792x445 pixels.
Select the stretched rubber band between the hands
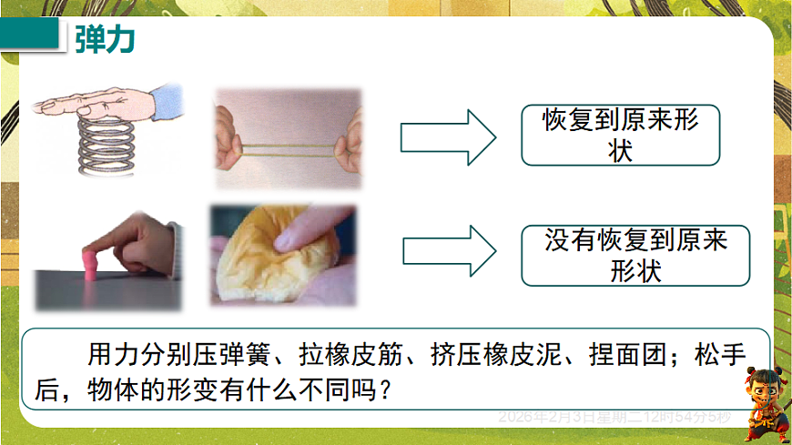point(288,145)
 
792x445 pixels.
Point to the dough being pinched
point(264,259)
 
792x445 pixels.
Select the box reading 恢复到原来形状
point(620,135)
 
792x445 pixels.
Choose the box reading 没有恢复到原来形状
point(636,256)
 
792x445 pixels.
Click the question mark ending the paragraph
point(387,389)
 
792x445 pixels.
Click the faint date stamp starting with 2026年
point(614,417)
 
